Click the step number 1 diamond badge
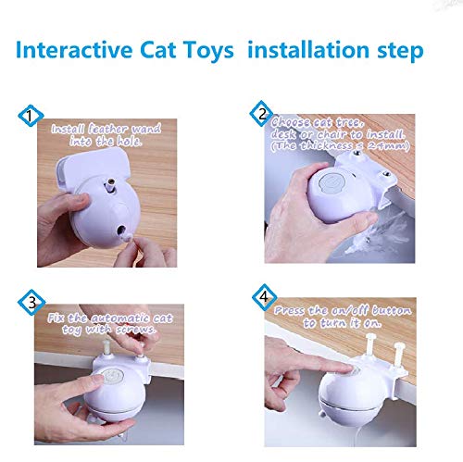(x=31, y=118)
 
